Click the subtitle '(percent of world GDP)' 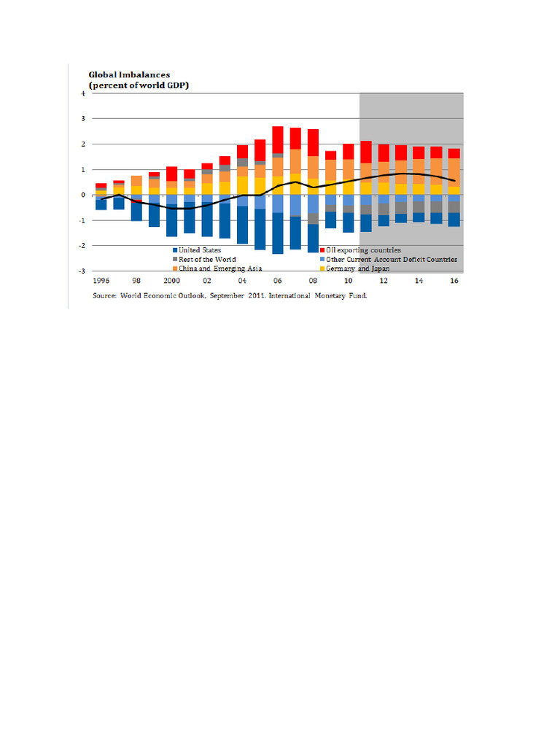click(x=134, y=85)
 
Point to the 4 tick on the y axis click(x=82, y=93)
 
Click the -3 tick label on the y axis click(x=82, y=271)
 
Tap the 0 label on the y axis click(x=82, y=195)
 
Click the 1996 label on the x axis click(x=101, y=280)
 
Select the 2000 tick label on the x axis click(x=171, y=280)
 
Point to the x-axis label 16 click(x=454, y=280)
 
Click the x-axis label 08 click(x=313, y=280)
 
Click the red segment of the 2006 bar click(x=277, y=139)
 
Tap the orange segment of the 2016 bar click(x=454, y=172)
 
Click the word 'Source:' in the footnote click(x=107, y=296)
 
